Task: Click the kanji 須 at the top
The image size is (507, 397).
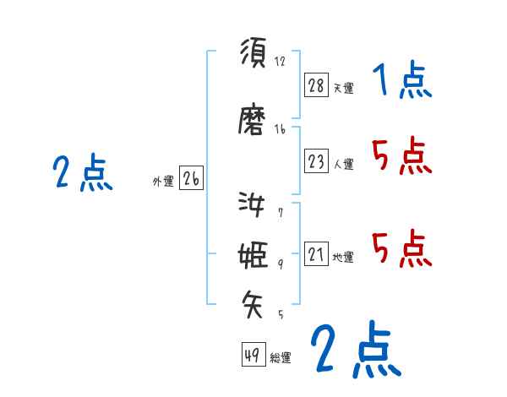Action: tap(253, 53)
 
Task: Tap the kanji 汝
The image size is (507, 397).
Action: tap(253, 204)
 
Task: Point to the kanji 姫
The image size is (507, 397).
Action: tap(253, 255)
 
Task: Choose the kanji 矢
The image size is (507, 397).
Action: tap(253, 302)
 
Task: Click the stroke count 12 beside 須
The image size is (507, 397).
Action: tap(280, 62)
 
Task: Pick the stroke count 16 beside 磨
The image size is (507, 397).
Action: tap(280, 129)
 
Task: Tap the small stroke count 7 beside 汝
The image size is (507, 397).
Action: tap(280, 213)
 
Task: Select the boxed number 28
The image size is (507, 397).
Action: tap(317, 84)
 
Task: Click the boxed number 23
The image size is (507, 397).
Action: tap(317, 160)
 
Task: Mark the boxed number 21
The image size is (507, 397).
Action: tap(317, 253)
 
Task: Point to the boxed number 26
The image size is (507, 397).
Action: tap(191, 178)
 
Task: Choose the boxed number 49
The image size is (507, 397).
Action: tap(252, 355)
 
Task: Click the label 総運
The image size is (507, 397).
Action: tap(281, 358)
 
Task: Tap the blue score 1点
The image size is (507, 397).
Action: tap(401, 82)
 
